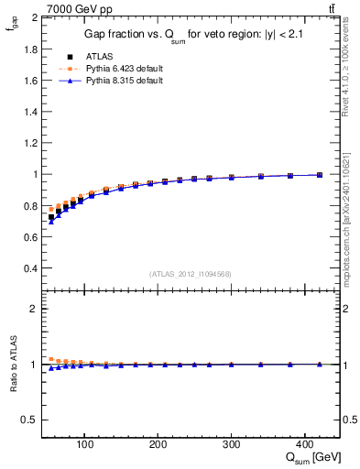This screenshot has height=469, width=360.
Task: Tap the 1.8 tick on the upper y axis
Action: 31,49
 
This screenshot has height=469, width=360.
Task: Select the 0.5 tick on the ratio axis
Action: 31,420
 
